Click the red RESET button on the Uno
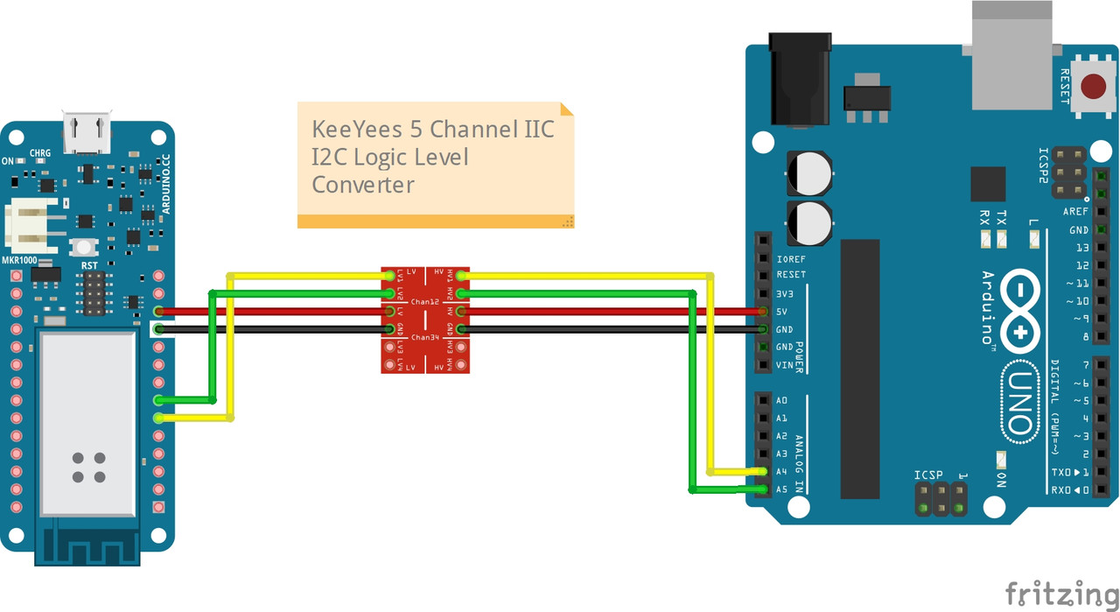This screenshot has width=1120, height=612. tap(1093, 87)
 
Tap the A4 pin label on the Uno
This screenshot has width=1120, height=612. tap(781, 472)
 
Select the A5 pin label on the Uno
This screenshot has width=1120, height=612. tap(781, 489)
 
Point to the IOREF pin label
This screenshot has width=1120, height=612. tap(791, 259)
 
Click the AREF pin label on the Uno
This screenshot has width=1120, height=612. tap(1075, 212)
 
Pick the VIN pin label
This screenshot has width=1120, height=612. tap(784, 365)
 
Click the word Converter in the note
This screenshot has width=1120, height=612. tap(363, 185)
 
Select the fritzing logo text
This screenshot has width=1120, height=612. tap(1060, 593)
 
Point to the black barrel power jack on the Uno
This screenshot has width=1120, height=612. tap(798, 79)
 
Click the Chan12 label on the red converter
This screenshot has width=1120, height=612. tap(424, 302)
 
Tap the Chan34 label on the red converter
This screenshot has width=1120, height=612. tap(424, 337)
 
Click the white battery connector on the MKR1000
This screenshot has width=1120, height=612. tap(30, 224)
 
